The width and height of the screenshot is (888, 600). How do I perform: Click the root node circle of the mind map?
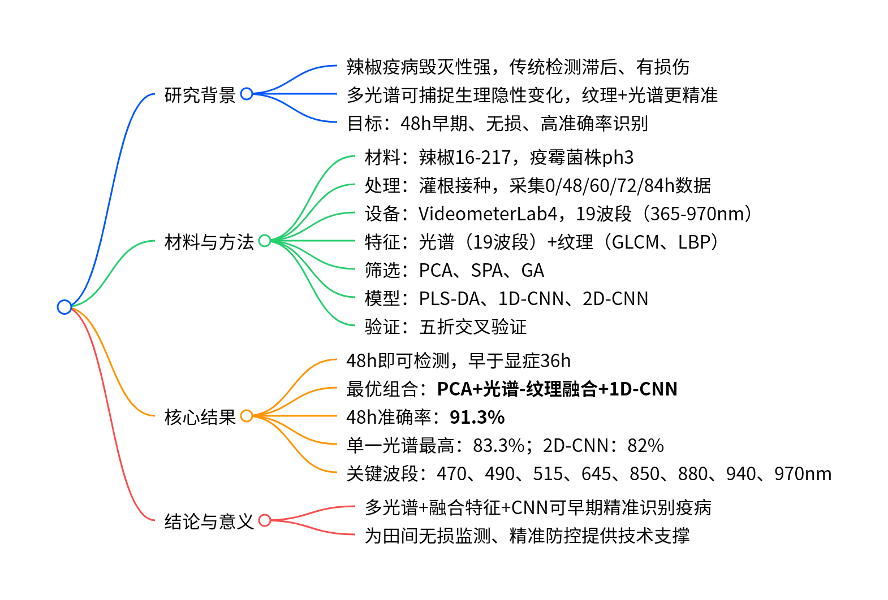tap(64, 307)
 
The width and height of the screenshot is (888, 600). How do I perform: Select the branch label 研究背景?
tap(200, 95)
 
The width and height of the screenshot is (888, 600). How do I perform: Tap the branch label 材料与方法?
tap(209, 242)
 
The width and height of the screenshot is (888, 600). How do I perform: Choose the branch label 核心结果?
tap(200, 417)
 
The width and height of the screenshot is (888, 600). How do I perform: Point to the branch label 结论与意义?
tap(209, 521)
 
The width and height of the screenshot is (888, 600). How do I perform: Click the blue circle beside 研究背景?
tap(247, 94)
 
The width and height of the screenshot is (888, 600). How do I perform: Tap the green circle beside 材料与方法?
tap(265, 241)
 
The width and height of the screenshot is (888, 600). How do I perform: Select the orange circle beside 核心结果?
tap(247, 416)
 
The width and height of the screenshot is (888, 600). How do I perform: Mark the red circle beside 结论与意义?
tap(265, 520)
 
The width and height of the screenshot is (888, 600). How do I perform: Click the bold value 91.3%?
tap(477, 417)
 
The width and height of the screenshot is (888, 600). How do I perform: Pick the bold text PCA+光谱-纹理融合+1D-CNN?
tap(557, 389)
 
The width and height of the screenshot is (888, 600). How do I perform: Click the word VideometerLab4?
tap(488, 214)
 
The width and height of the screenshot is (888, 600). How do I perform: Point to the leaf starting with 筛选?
tap(454, 270)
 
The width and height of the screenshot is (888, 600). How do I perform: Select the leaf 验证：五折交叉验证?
tap(445, 327)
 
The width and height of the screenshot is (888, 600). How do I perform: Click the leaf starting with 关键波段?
tap(588, 473)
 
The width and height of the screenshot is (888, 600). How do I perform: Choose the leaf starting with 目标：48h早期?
tap(497, 123)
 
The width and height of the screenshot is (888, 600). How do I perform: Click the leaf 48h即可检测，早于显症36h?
tap(458, 360)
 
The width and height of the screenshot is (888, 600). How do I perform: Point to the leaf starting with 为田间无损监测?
tap(527, 536)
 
